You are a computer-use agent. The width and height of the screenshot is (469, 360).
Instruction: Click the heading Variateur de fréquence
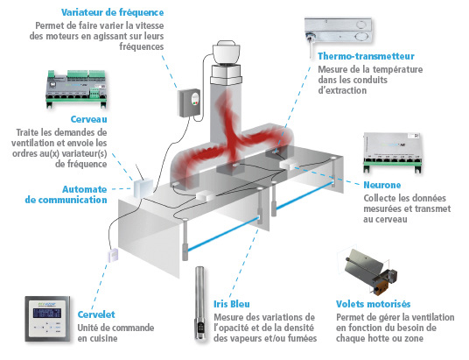[113, 12]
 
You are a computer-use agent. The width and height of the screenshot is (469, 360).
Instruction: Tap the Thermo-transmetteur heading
[366, 56]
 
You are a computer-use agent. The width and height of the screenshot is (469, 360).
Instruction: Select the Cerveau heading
[89, 119]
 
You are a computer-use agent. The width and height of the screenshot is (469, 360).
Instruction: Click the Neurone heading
[382, 185]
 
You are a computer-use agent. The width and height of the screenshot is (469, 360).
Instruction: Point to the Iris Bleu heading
[232, 304]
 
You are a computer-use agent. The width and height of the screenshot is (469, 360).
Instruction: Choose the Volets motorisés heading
[373, 304]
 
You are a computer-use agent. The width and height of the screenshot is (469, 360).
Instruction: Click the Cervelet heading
[96, 314]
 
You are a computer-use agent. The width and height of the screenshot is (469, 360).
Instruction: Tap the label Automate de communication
[66, 194]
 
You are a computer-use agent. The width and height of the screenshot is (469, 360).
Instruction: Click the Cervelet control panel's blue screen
[47, 313]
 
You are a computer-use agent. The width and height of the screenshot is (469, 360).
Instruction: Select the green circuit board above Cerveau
[77, 89]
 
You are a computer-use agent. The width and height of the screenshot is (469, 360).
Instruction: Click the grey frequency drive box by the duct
[189, 102]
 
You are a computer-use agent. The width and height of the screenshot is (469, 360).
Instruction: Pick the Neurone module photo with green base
[393, 152]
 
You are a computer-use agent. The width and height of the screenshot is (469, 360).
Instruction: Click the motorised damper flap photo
[370, 271]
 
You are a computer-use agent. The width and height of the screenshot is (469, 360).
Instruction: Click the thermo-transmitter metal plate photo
[338, 32]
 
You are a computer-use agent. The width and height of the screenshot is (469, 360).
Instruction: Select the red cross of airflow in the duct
[232, 138]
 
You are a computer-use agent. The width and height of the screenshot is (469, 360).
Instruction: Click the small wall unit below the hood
[113, 255]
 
